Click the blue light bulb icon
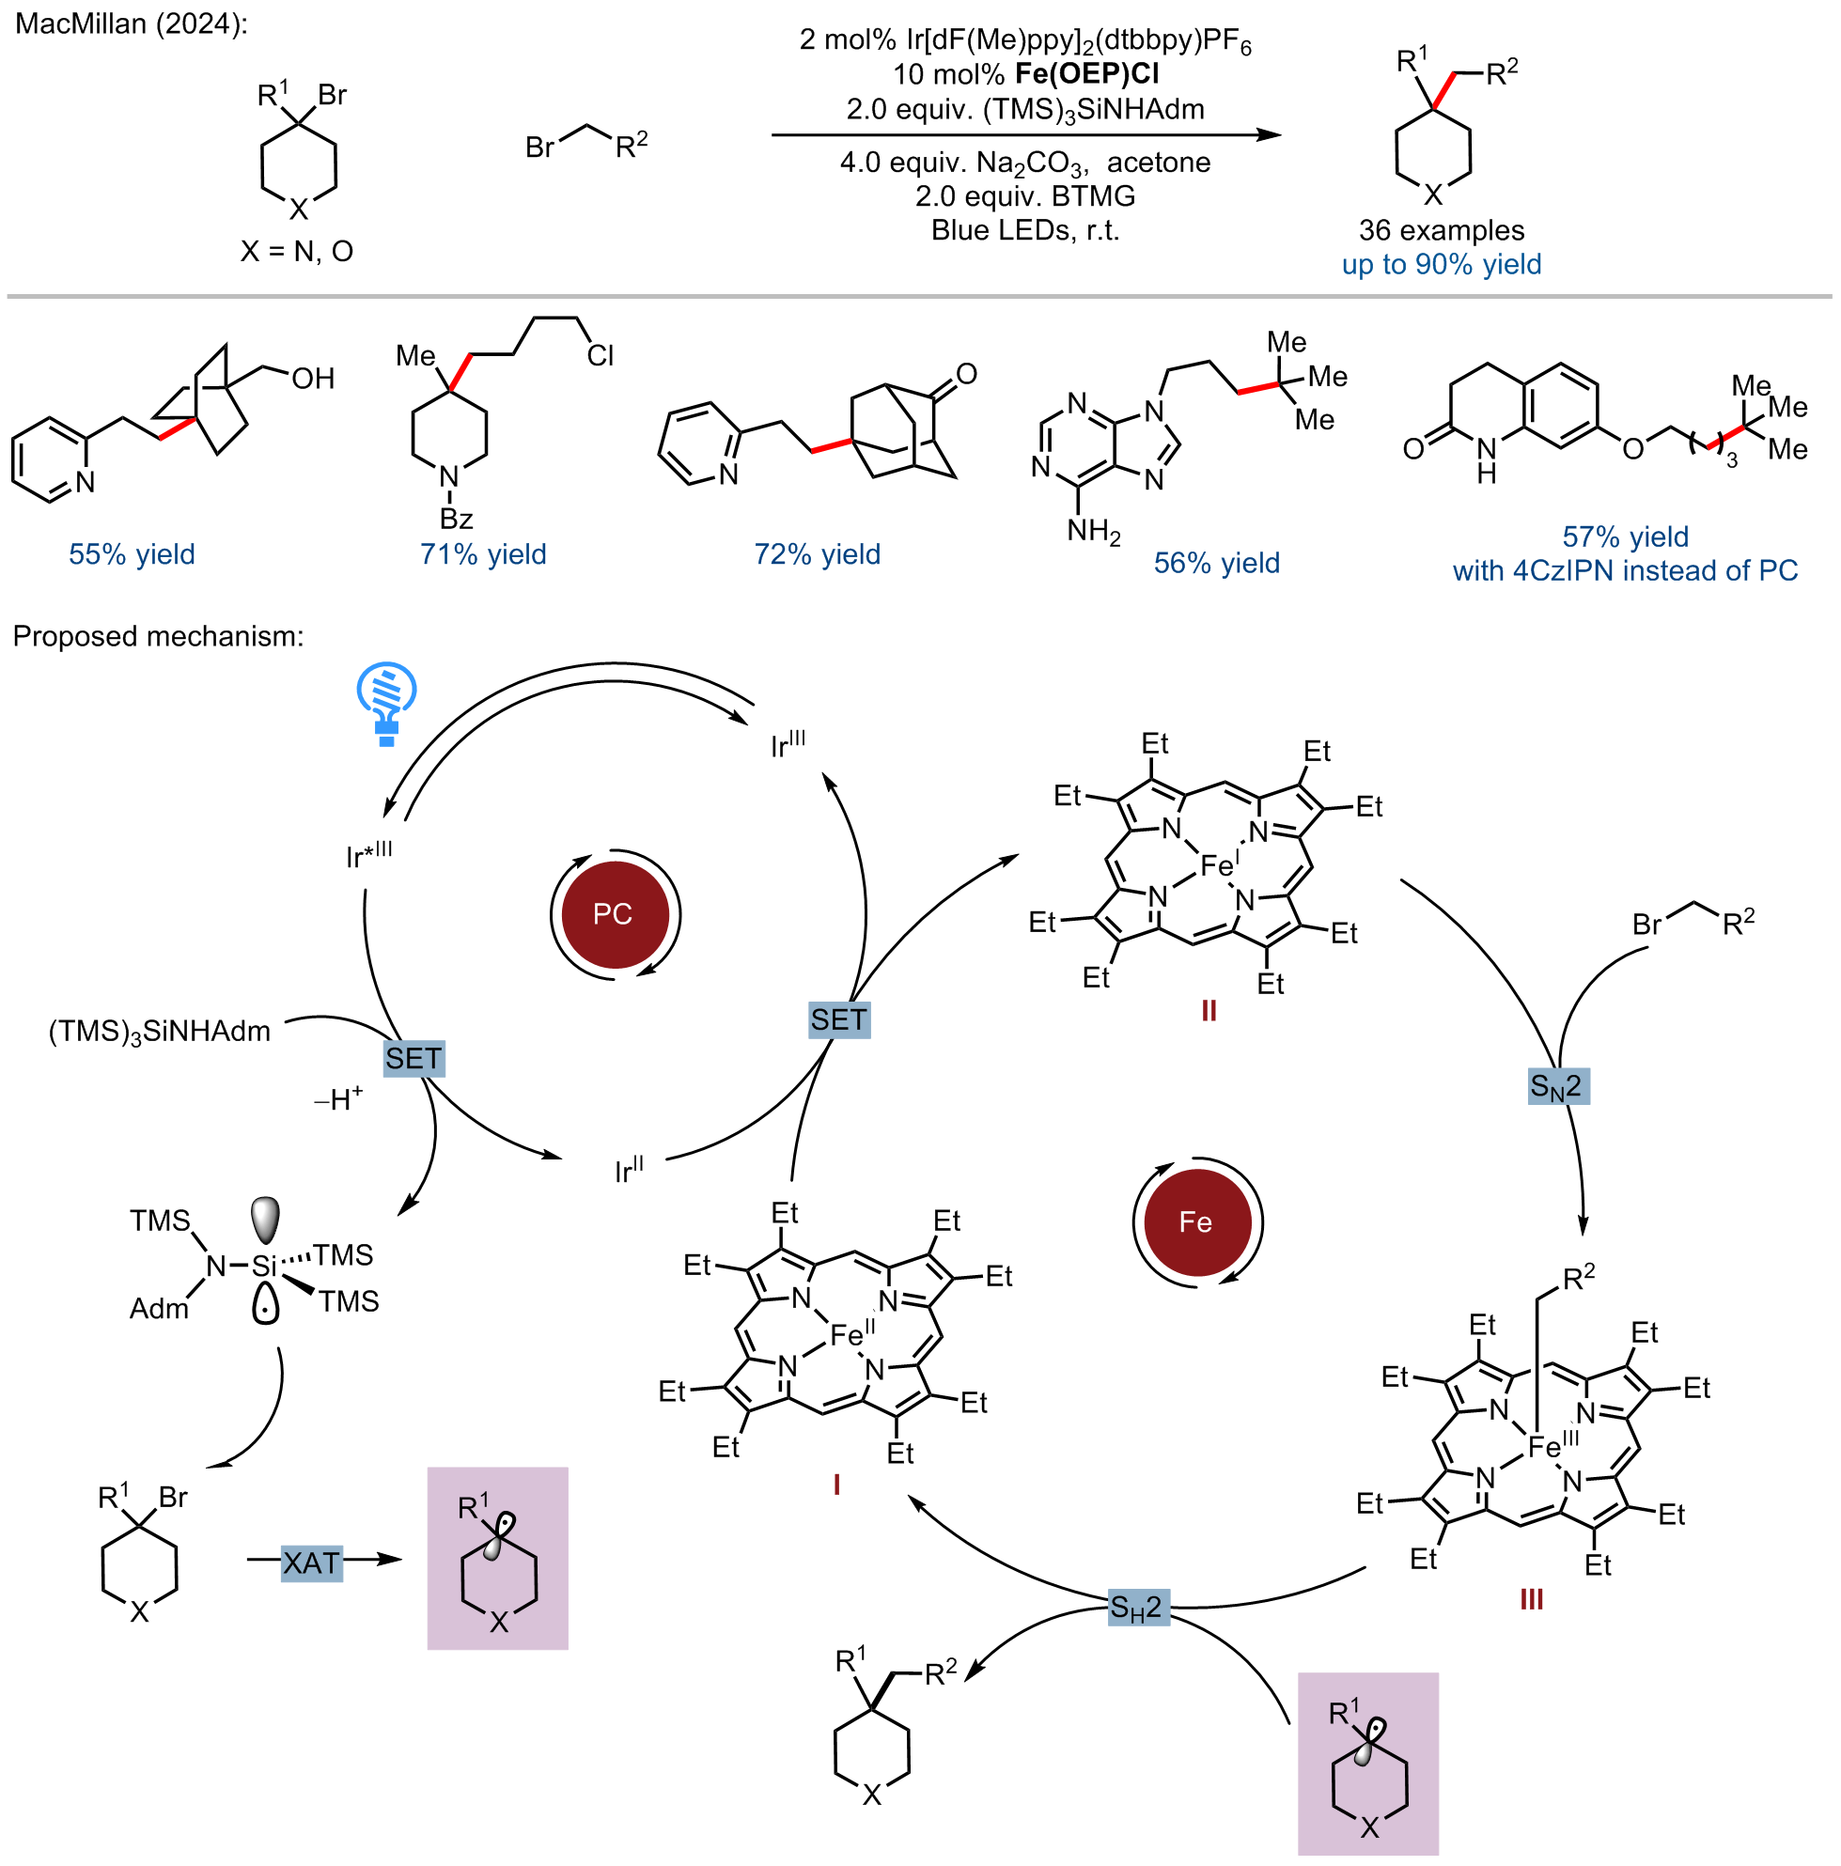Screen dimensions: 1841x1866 [x=386, y=703]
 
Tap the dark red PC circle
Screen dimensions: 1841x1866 [x=615, y=913]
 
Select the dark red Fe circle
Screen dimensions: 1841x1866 [x=1196, y=1221]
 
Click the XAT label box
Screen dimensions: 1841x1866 [x=312, y=1563]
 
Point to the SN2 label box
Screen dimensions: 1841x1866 [x=1555, y=1087]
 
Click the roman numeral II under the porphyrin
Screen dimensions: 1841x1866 [x=1209, y=1010]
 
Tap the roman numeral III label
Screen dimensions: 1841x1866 [x=1531, y=1599]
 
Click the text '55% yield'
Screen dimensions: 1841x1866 [x=132, y=554]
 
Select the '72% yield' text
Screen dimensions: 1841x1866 [x=818, y=554]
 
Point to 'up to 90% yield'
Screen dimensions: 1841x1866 [x=1441, y=265]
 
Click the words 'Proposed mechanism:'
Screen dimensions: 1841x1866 [x=158, y=636]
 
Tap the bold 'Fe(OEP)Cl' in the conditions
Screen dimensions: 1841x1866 [x=1086, y=74]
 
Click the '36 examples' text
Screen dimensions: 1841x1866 [x=1441, y=230]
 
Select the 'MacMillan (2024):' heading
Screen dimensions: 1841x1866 [x=132, y=23]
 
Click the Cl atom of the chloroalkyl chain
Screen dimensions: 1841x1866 [x=600, y=356]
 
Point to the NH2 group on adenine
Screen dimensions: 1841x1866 [x=1093, y=531]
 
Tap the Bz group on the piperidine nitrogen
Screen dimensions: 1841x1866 [x=456, y=520]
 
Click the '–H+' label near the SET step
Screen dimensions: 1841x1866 [x=338, y=1098]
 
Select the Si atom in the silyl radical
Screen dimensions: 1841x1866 [x=264, y=1267]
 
